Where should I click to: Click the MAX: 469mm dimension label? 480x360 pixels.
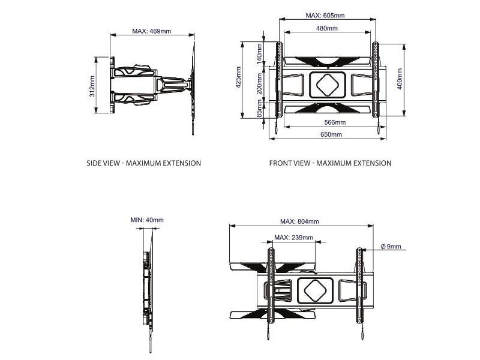pos(151,31)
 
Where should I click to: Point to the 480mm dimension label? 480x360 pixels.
pos(326,29)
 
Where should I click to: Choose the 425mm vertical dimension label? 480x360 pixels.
pos(238,80)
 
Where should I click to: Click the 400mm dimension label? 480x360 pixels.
pos(400,79)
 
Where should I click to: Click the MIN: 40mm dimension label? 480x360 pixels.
pos(146,220)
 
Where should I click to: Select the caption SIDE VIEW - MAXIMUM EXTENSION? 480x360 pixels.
pos(144,163)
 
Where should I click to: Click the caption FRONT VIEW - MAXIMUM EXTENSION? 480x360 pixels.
pos(330,163)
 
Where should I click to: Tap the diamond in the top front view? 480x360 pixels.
pos(327,85)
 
